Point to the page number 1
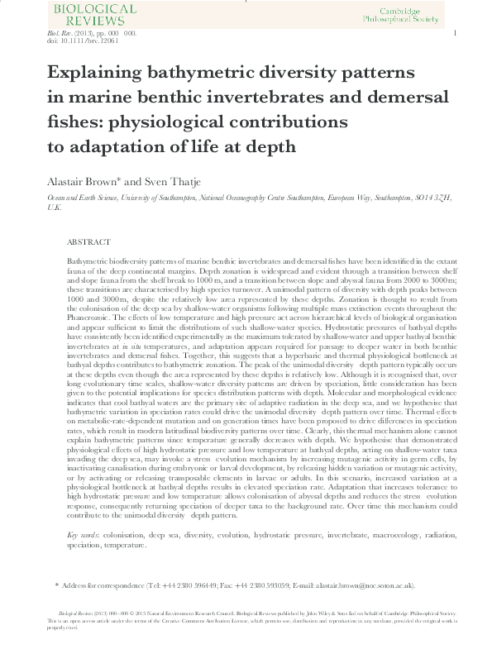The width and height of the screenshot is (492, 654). (456, 32)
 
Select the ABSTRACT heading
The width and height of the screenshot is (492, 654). (88, 242)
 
